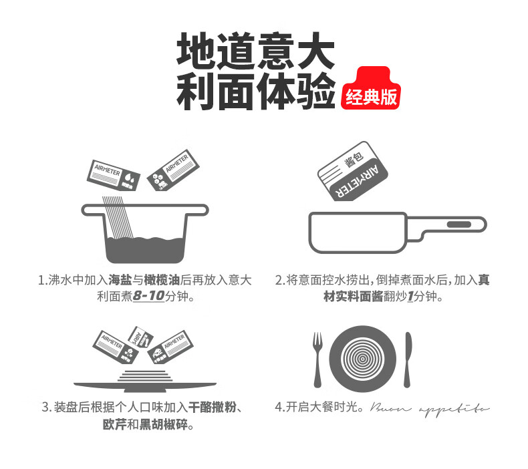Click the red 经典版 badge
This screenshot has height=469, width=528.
371,96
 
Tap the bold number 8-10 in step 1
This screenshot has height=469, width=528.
148,295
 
